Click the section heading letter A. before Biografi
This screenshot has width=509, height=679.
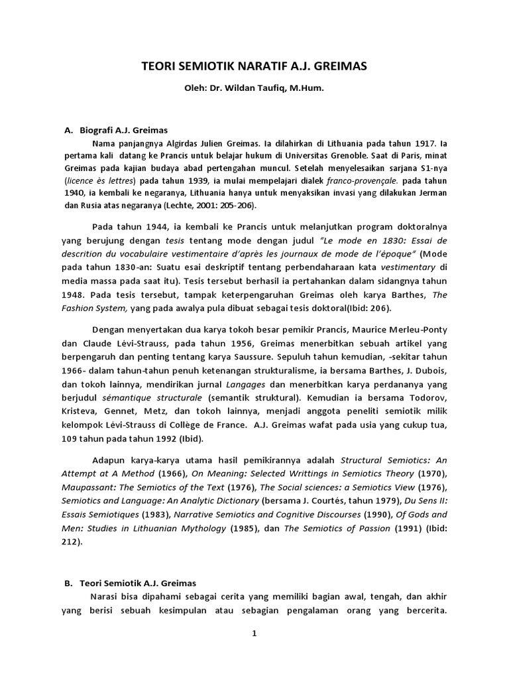(x=68, y=131)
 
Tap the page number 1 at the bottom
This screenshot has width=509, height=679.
(x=254, y=634)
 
